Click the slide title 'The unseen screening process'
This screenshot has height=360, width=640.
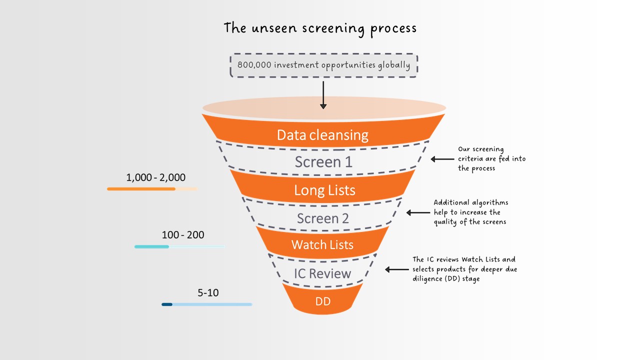pyautogui.click(x=320, y=27)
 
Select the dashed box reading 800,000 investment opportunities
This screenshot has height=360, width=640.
pyautogui.click(x=323, y=65)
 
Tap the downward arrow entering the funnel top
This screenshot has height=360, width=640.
pyautogui.click(x=323, y=95)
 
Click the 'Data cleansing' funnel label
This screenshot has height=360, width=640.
pyautogui.click(x=322, y=135)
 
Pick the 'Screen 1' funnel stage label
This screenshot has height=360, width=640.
pyautogui.click(x=323, y=162)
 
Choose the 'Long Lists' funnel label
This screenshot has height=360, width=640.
pyautogui.click(x=324, y=190)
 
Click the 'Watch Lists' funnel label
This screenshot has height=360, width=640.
pyautogui.click(x=322, y=244)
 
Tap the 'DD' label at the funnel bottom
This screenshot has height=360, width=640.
pyautogui.click(x=322, y=301)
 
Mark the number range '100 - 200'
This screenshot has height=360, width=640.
pyautogui.click(x=182, y=234)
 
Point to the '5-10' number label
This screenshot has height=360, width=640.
pyautogui.click(x=208, y=292)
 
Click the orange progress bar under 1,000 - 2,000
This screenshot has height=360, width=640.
pyautogui.click(x=141, y=189)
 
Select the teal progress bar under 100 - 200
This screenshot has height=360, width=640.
pyautogui.click(x=151, y=246)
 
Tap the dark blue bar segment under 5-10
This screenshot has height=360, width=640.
pyautogui.click(x=167, y=304)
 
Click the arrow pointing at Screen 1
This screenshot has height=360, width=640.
pyautogui.click(x=442, y=159)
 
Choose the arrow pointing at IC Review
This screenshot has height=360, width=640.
pyautogui.click(x=396, y=269)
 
